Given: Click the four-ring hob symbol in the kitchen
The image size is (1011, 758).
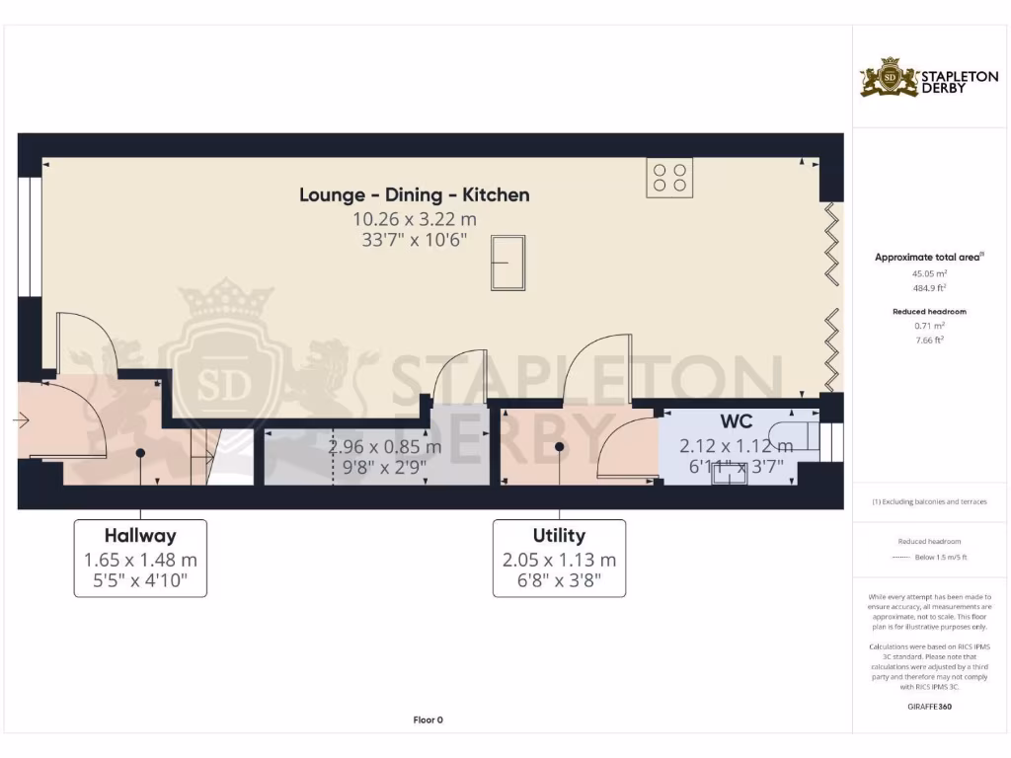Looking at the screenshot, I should tap(669, 177).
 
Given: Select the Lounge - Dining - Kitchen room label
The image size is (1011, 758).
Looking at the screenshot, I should tap(415, 194).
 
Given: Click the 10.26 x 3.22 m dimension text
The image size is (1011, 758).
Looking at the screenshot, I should tap(415, 219).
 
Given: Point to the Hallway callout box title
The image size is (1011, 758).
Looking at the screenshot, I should tap(140, 536).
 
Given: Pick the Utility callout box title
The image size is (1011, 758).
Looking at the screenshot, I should tap(559, 536).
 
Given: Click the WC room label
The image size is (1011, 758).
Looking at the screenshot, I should tap(737, 423).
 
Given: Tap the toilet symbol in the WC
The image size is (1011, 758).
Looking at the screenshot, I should tap(795, 433).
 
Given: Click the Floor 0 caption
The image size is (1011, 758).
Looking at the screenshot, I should tap(428, 720).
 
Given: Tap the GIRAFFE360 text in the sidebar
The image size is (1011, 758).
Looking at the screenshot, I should tap(928, 707).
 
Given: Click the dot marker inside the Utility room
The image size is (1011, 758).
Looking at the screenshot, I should tap(559, 446).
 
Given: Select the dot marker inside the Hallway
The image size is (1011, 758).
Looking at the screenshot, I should tap(140, 452).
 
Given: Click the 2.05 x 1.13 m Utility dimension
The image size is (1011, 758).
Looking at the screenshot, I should tap(559, 560).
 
